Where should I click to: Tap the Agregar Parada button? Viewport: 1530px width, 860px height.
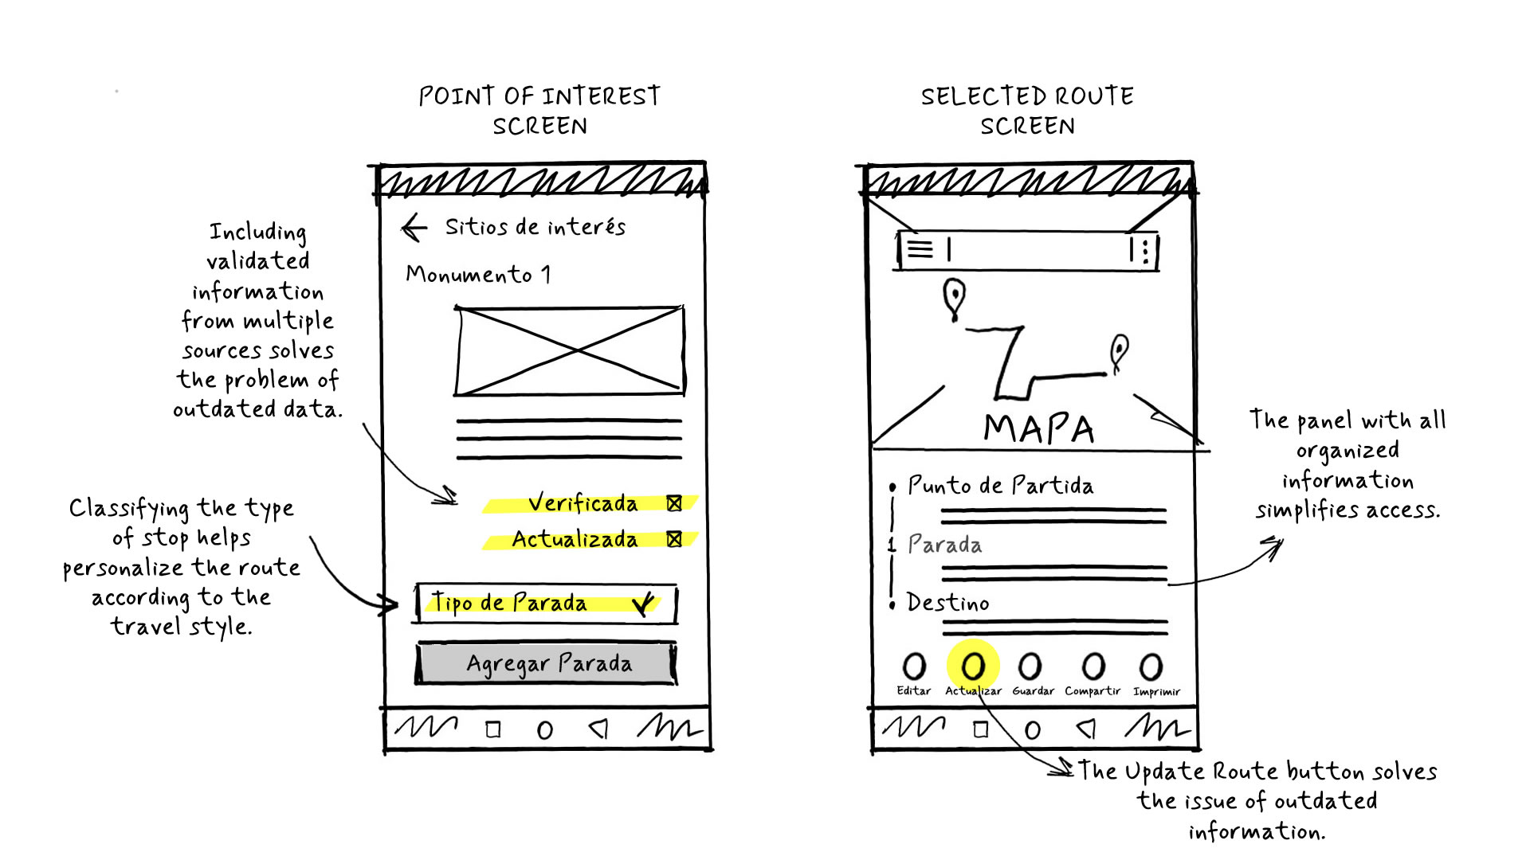[547, 663]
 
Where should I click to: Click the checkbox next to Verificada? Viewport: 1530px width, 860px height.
[674, 503]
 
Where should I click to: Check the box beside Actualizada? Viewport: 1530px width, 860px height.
[674, 539]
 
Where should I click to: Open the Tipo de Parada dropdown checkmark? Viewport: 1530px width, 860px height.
[643, 604]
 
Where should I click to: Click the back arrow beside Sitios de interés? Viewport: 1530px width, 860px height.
[414, 228]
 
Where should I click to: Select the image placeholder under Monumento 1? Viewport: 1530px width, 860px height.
[569, 350]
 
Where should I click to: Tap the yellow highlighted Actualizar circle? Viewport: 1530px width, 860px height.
[973, 666]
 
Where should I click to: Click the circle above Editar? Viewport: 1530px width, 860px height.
[913, 666]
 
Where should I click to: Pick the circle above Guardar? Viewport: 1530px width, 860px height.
[1030, 666]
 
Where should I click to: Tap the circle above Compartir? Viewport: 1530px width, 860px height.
[1093, 666]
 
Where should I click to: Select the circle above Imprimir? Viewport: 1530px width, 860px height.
[1151, 666]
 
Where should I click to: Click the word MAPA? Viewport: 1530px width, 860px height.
[1038, 428]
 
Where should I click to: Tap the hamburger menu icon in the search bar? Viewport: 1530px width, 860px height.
[920, 249]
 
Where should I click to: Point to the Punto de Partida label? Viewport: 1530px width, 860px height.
[1000, 485]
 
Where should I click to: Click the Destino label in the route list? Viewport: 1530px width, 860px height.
[947, 603]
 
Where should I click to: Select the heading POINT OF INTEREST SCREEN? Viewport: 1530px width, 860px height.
[539, 111]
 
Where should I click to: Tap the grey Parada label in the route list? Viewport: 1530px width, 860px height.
[944, 545]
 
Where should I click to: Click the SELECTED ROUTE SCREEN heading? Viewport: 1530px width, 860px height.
[1027, 111]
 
